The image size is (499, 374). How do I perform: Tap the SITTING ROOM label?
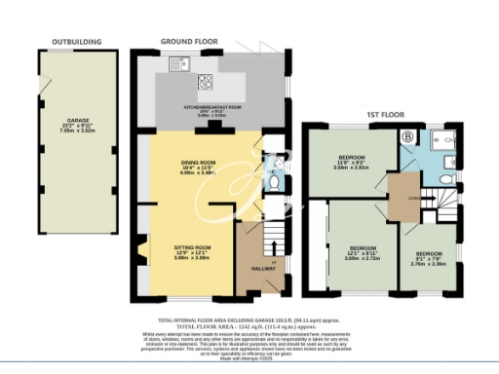192,250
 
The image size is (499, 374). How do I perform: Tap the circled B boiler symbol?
406,138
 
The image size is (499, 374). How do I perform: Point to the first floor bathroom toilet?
441,181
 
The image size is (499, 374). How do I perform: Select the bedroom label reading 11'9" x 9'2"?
351,162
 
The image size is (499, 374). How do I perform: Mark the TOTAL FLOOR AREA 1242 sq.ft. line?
249,326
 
